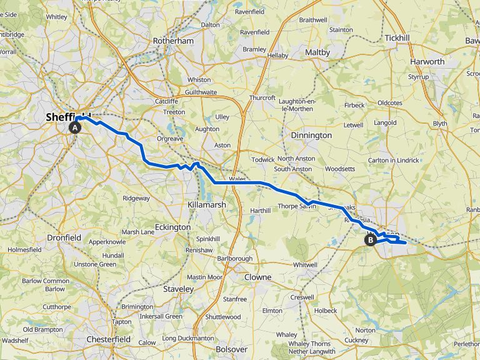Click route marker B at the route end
coord(371,239)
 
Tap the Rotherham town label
coord(173,41)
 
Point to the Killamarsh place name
coord(207,204)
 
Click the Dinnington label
coord(311,135)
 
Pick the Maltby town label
coord(317,52)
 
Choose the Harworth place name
coord(427,62)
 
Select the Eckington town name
coord(172,227)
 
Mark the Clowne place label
coord(257,277)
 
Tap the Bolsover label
coord(231,349)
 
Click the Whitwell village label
coord(305,265)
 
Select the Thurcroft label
coord(262,98)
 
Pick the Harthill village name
coord(261,211)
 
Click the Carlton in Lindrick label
coord(393,160)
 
